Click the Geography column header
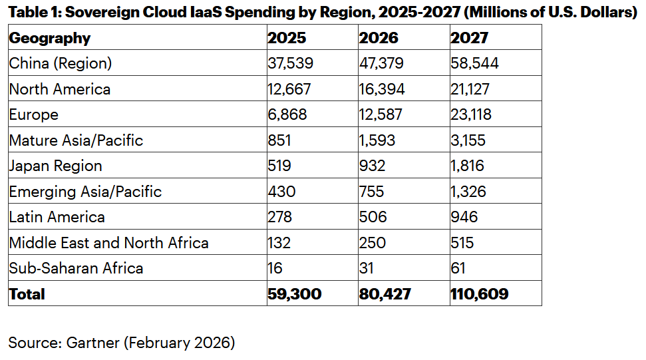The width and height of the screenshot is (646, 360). pos(49,38)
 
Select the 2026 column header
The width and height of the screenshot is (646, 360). pos(379,38)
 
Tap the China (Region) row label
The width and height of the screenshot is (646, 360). pos(60,63)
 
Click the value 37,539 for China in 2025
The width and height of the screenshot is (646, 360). pos(290,63)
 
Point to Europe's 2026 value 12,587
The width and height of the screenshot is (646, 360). pos(381,114)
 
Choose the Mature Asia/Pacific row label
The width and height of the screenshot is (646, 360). pos(76,140)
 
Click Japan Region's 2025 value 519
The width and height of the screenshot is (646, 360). pos(279,166)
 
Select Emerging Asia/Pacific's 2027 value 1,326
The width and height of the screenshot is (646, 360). pos(468,192)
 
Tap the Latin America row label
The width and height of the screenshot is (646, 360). pos(57,217)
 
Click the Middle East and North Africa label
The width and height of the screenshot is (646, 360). pos(108,243)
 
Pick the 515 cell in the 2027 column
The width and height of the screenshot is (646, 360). pos(462,243)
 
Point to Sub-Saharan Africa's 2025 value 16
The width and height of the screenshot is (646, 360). pos(275,268)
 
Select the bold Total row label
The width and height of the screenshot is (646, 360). pos(27,294)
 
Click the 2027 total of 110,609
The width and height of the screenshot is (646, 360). pos(479,294)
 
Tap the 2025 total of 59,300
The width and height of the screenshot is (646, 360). pos(294,294)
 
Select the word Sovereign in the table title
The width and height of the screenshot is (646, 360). pos(97,13)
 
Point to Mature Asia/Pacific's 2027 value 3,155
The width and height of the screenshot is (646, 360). pos(468,140)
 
